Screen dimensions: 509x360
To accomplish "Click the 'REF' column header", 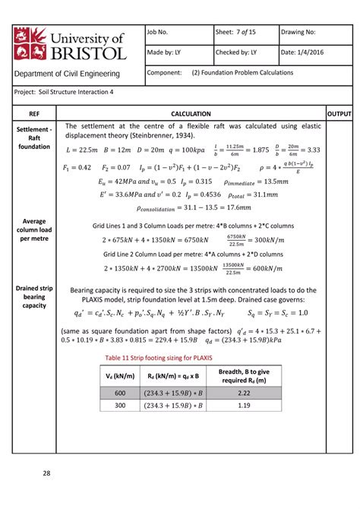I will (35, 112).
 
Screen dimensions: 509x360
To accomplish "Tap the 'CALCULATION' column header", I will (191, 112).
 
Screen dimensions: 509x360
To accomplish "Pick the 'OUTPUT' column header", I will (338, 112).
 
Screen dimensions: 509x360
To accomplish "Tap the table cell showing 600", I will (120, 393).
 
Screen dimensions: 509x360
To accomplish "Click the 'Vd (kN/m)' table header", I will (120, 376).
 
